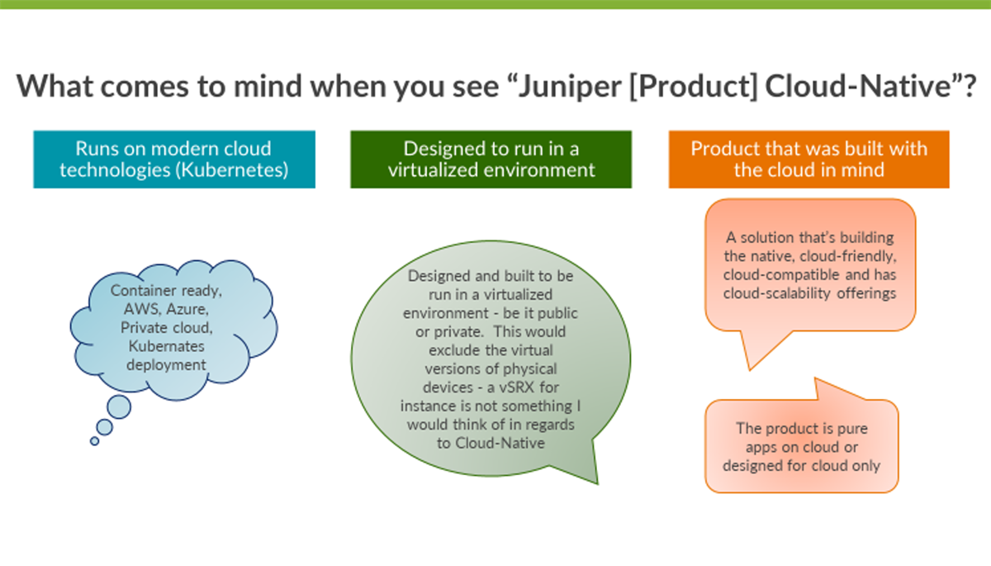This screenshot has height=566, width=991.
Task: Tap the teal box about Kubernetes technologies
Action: pos(174,159)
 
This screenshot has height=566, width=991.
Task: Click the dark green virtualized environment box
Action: pos(491,159)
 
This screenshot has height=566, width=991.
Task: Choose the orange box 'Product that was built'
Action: pos(808,159)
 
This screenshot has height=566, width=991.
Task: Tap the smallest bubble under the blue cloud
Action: pos(94,441)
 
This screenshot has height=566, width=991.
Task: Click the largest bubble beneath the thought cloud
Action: pos(119,406)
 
